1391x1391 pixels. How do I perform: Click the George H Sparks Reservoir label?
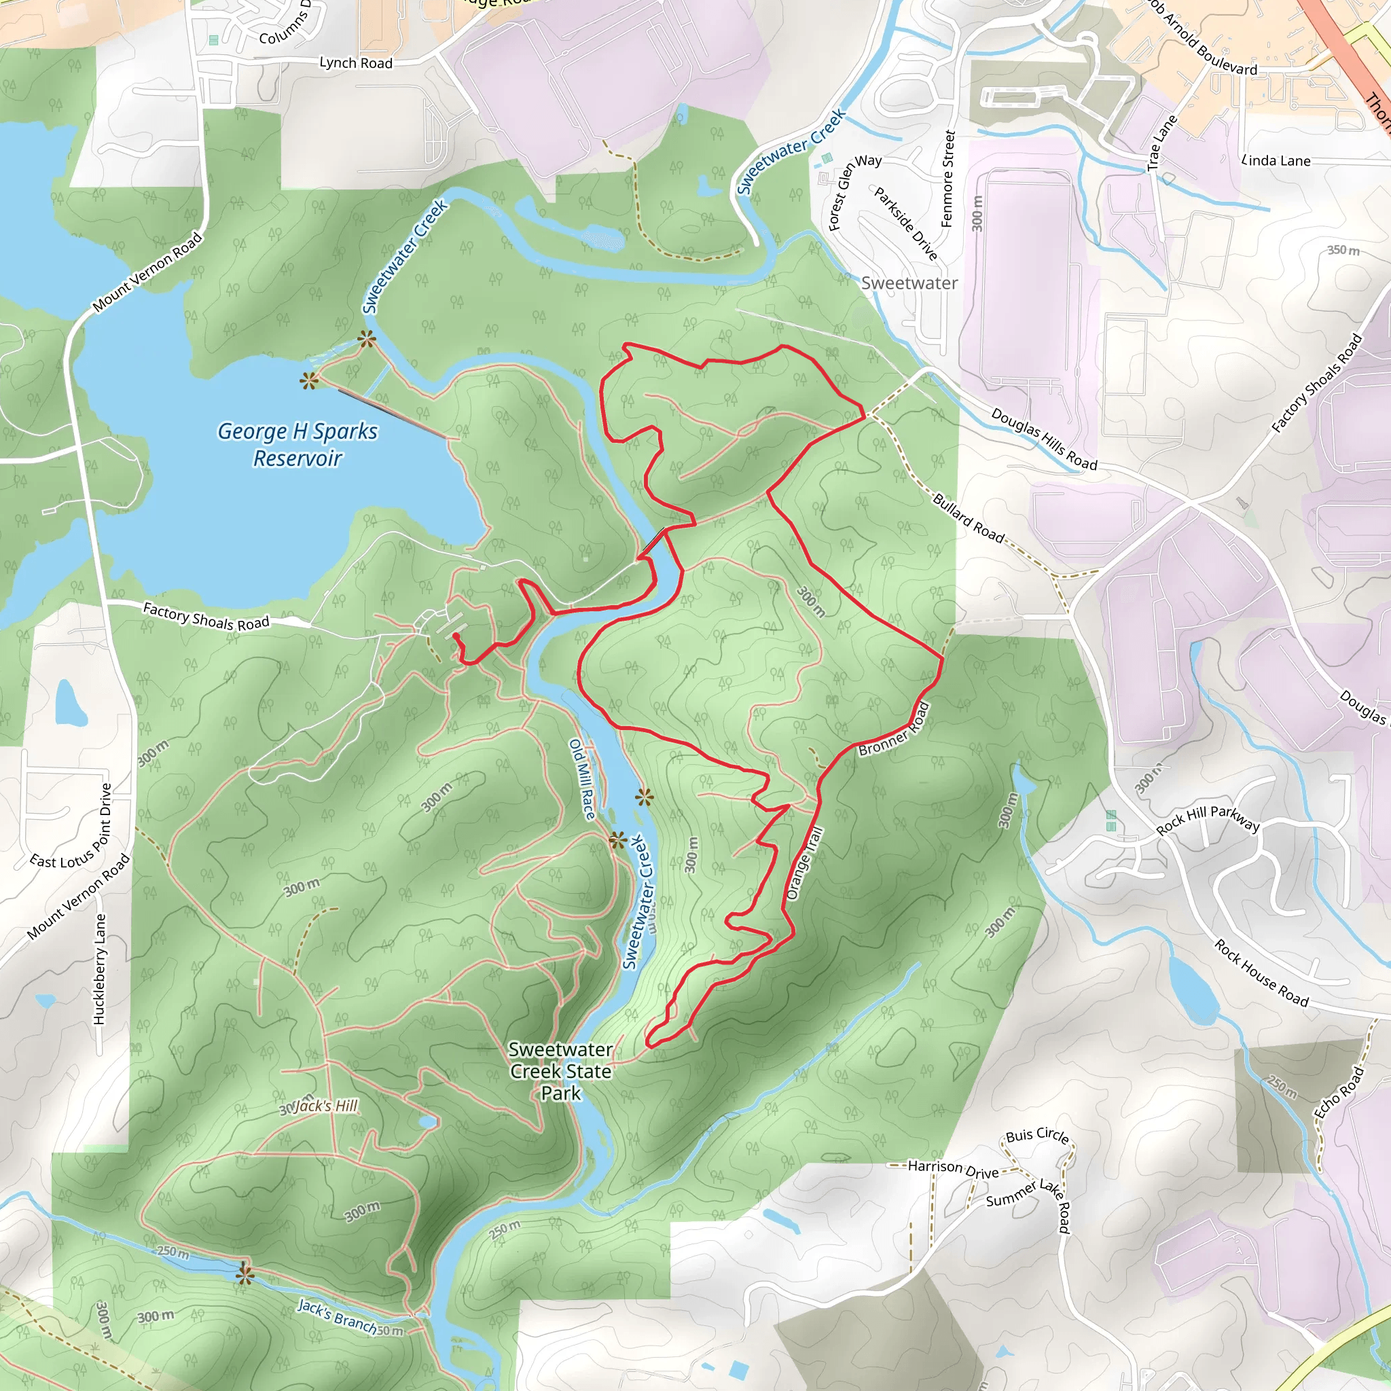tap(297, 444)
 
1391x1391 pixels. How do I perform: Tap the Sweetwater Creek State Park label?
tap(561, 1071)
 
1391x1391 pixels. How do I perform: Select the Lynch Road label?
tap(356, 62)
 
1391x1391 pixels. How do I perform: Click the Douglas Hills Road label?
tap(1043, 439)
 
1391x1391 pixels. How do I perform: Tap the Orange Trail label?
tap(804, 863)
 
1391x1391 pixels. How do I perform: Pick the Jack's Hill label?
tap(325, 1106)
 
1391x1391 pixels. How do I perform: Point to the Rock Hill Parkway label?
tap(1208, 818)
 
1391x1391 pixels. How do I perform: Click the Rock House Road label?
tap(1261, 972)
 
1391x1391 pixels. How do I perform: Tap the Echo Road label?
tap(1339, 1093)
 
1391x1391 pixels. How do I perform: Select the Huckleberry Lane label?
tap(99, 969)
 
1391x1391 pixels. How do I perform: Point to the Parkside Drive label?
tap(906, 223)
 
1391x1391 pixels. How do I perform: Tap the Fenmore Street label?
tap(947, 179)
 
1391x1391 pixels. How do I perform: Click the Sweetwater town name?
tap(909, 283)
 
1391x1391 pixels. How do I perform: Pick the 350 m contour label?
tap(1343, 250)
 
